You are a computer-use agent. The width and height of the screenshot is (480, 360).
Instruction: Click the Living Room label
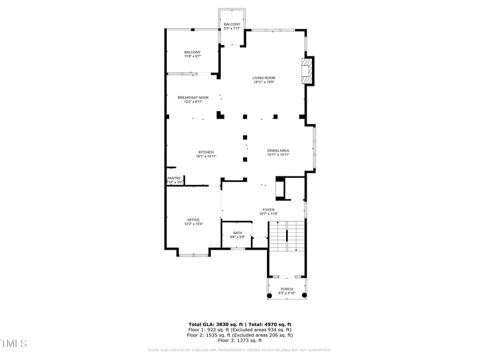263,78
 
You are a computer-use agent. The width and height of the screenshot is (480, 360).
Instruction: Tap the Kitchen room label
206,152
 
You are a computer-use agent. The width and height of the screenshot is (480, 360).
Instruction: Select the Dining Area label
278,151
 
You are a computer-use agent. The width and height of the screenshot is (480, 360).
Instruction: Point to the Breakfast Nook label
193,97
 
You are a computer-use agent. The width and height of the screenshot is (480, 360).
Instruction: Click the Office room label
193,220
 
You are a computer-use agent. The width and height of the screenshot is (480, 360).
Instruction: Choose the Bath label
238,233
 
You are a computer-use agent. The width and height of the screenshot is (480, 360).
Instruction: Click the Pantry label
174,178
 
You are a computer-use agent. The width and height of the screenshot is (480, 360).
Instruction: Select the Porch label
287,289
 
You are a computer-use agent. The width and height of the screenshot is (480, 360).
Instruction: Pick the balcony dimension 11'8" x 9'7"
193,56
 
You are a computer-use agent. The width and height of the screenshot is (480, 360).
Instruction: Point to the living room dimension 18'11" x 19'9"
263,82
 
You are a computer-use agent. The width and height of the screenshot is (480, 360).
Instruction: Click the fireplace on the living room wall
307,70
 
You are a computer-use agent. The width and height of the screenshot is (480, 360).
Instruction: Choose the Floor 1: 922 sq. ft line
239,329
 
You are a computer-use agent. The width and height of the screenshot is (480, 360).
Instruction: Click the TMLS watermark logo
14,343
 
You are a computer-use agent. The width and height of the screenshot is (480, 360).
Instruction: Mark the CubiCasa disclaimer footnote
239,350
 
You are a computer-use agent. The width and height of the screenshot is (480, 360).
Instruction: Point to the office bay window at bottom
193,255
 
